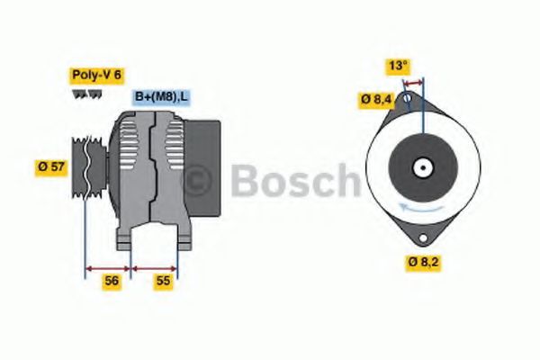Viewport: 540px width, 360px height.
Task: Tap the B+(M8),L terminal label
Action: pyautogui.click(x=162, y=97)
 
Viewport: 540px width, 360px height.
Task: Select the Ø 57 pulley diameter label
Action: pyautogui.click(x=50, y=166)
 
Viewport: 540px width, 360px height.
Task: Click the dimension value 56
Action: pyautogui.click(x=112, y=281)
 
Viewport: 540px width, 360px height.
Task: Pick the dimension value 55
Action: pyautogui.click(x=164, y=281)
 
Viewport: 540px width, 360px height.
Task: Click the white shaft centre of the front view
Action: pyautogui.click(x=421, y=167)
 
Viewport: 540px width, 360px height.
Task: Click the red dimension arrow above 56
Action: pyautogui.click(x=108, y=267)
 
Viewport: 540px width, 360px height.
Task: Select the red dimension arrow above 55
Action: pyautogui.click(x=155, y=267)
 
